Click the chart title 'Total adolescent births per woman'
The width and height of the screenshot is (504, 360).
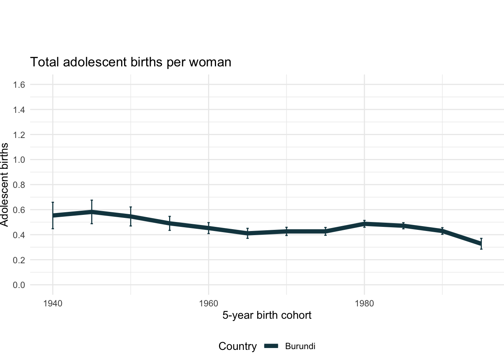pos(130,62)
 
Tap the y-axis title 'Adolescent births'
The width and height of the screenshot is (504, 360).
pos(4,184)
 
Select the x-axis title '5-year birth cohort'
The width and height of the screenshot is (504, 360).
pos(267,315)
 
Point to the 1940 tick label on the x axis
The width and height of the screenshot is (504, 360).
pos(52,303)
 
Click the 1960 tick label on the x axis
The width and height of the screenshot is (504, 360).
pos(208,303)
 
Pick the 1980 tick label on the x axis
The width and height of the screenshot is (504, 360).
pos(364,303)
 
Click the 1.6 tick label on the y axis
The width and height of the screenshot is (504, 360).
pos(19,85)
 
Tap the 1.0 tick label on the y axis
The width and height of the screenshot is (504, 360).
pos(19,160)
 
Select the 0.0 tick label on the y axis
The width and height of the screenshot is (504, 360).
pos(19,285)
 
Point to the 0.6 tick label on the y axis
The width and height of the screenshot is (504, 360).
pos(19,210)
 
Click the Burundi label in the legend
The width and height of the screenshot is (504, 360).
pos(300,346)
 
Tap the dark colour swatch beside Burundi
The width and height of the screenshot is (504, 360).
pos(271,346)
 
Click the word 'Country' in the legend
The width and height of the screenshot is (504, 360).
pos(237,346)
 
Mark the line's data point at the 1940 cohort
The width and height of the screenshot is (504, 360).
pos(53,216)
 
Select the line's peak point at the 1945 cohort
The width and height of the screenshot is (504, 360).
pos(91,212)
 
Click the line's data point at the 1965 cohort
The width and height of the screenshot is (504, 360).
pos(247,233)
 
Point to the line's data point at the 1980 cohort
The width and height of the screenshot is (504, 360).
pos(364,224)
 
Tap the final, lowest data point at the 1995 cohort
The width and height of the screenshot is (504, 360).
pos(481,244)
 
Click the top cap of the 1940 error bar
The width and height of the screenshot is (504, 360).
pos(53,202)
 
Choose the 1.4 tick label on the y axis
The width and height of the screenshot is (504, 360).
pos(19,110)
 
